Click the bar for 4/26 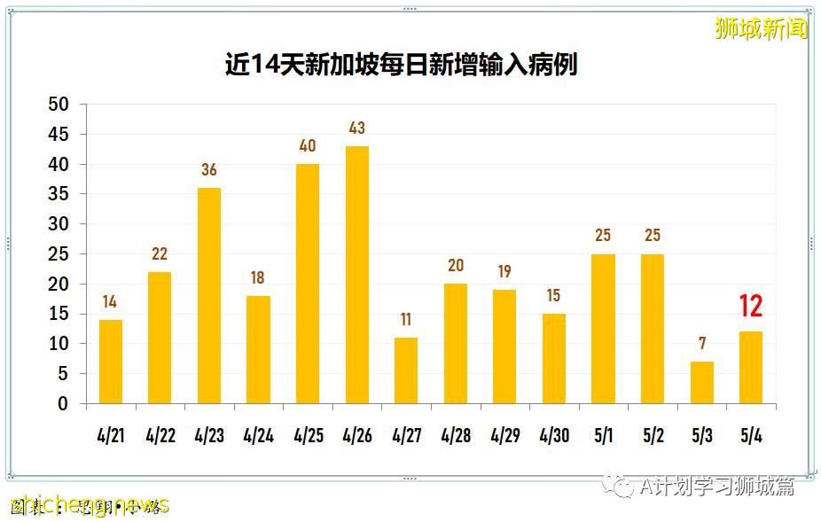(356, 275)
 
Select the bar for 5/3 (701, 382)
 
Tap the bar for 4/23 (208, 295)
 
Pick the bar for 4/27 (406, 370)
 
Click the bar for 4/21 (110, 362)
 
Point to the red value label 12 (750, 307)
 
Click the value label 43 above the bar (356, 129)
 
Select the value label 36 (208, 170)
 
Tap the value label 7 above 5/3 (701, 344)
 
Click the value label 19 (504, 272)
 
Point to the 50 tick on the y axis (59, 105)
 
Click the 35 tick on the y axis (59, 194)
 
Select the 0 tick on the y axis (63, 403)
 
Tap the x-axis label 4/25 (308, 436)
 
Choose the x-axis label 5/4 (751, 436)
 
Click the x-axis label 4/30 (554, 436)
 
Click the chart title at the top (401, 65)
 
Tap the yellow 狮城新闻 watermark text (762, 28)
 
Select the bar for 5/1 (603, 329)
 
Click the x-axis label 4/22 (160, 436)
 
